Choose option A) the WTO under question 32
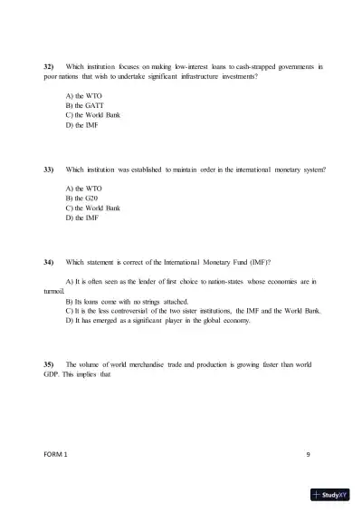(x=85, y=95)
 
